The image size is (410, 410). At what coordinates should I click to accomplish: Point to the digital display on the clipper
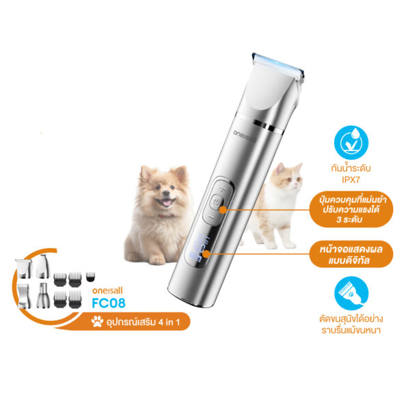pos(202,247)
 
